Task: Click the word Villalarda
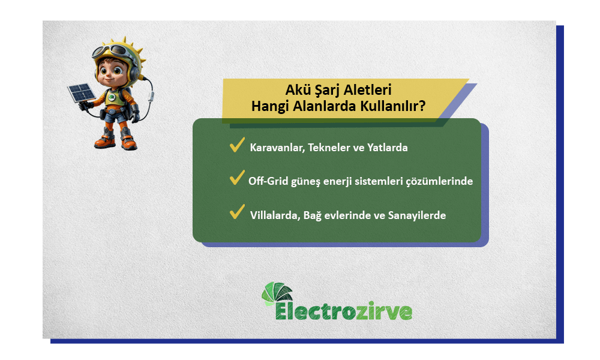273,215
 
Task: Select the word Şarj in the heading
324,91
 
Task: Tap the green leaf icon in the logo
277,294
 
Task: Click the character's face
111,71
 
